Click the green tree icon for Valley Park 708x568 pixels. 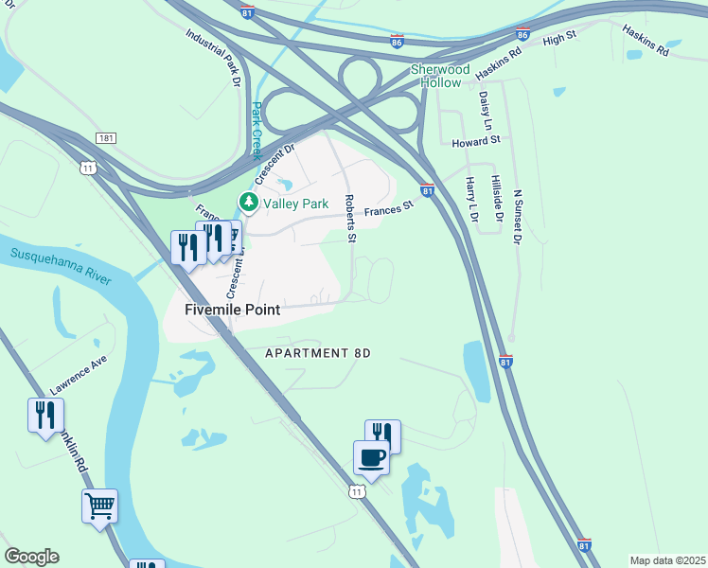click(248, 202)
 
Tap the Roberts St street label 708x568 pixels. click(349, 220)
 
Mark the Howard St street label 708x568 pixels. click(475, 141)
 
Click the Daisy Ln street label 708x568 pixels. click(486, 111)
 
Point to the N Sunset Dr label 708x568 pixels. click(517, 217)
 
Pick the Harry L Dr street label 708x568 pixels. click(471, 200)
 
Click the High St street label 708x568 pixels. click(559, 37)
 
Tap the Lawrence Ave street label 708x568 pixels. click(79, 376)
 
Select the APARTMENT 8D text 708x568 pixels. click(317, 353)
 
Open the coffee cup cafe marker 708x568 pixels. click(371, 458)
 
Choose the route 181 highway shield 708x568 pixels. click(106, 138)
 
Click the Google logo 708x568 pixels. click(31, 557)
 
